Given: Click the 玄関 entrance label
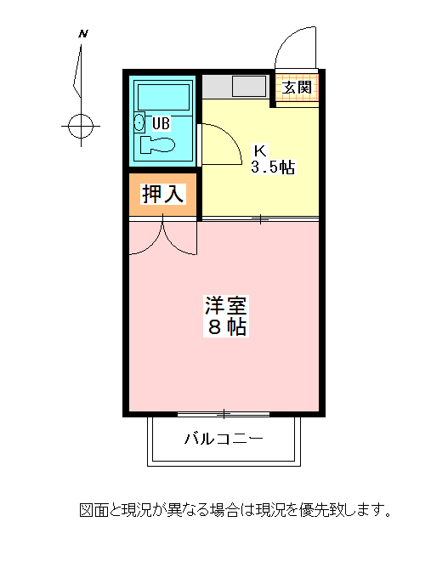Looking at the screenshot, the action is (x=297, y=88).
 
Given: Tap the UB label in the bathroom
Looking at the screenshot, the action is (x=161, y=123).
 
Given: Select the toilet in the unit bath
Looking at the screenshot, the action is (x=157, y=145).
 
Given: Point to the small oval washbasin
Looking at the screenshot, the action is (x=139, y=122).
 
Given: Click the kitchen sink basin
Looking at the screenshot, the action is (x=249, y=87).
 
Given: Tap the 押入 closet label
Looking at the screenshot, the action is (x=163, y=194).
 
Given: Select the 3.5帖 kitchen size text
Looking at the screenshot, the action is (x=273, y=167).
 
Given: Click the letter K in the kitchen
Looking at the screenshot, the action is (x=260, y=150).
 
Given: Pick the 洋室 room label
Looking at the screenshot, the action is (x=226, y=306).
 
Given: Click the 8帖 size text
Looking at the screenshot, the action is (x=227, y=327).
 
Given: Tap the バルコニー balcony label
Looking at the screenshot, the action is (x=224, y=439).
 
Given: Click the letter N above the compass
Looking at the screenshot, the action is (x=83, y=34).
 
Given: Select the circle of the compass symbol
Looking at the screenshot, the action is (x=81, y=126).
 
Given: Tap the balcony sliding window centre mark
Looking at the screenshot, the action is (x=224, y=414).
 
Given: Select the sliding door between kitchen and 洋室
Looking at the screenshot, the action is (x=260, y=218).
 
